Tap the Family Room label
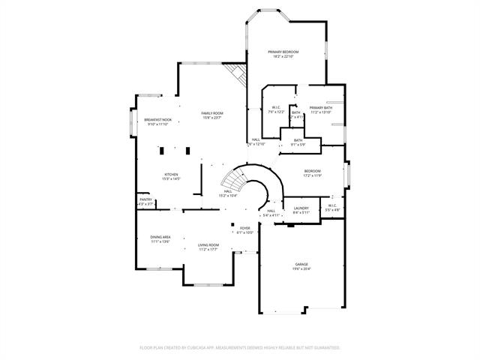[212, 113]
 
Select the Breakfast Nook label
[157, 121]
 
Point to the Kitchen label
[171, 175]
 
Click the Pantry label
[145, 199]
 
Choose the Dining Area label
[160, 237]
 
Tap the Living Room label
[208, 245]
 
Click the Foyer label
[245, 229]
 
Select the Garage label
[301, 265]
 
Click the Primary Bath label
[320, 109]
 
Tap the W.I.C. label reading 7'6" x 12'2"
[275, 109]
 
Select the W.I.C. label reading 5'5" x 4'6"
[332, 207]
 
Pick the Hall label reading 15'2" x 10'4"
[227, 191]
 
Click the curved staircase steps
[235, 181]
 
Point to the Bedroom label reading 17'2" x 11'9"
[313, 172]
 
